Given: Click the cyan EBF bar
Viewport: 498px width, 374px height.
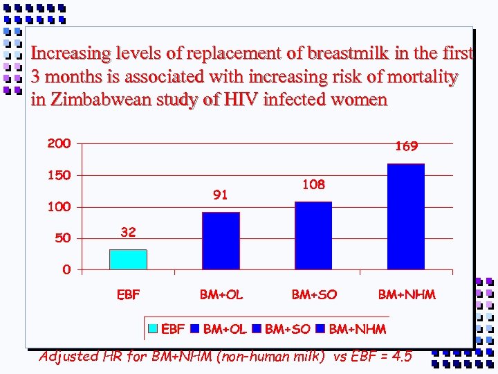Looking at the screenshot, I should [128, 259].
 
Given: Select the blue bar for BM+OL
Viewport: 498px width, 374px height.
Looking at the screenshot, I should [221, 240].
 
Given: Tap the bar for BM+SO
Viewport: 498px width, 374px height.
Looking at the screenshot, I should [313, 235].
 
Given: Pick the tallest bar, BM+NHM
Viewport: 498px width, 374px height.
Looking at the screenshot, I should [406, 216].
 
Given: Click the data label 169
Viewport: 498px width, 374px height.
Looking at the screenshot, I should [406, 147].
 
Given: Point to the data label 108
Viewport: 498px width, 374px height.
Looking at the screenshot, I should [313, 185].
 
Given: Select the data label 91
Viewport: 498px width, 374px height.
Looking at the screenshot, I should [221, 195].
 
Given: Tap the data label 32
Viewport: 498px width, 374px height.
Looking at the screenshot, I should [128, 233].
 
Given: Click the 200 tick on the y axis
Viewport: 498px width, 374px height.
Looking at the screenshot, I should [59, 144].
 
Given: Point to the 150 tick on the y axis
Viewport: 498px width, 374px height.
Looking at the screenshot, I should [59, 175].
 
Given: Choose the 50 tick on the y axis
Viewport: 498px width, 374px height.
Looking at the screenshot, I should [62, 238].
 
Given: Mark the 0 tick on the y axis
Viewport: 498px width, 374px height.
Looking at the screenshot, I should [66, 270].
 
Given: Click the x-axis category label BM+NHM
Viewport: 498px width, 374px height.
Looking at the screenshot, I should [407, 295].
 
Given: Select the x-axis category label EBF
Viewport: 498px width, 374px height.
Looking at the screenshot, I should [128, 295].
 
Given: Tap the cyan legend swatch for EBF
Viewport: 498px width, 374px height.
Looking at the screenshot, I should [154, 328].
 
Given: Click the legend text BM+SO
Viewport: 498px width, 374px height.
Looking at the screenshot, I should [288, 328].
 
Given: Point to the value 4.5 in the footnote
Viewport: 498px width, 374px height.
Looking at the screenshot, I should [400, 357].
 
